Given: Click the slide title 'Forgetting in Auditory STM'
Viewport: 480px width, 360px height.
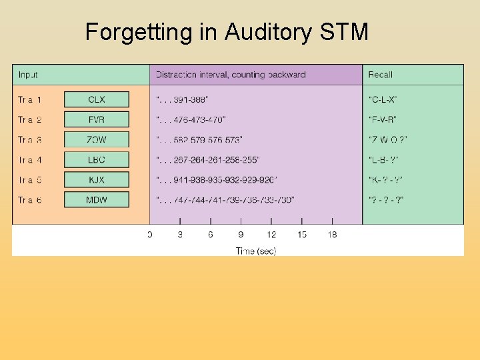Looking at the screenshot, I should coord(227,31).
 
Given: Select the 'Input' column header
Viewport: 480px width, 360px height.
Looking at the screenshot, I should coord(28,75).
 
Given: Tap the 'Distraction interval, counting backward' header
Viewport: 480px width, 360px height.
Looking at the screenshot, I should coord(231,75).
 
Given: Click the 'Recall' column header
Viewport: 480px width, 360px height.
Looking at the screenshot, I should coord(381,75).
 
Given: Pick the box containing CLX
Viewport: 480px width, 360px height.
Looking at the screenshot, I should coord(97,99).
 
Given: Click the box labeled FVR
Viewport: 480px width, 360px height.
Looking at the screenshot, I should coord(97,119).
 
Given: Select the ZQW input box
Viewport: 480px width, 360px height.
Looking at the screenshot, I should coord(97,139).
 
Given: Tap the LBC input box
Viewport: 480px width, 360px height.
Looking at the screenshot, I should coord(97,159).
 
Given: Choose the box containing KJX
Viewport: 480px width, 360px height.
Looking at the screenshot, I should coord(97,179).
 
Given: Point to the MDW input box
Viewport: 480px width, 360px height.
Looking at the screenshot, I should coord(97,199).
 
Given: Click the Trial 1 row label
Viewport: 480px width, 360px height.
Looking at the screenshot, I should coord(30,99).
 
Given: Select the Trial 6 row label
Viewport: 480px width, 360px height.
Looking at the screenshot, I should coord(30,199).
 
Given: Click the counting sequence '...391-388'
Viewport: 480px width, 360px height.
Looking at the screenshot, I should coord(182,99).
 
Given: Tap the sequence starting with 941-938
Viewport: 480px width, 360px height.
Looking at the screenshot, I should coord(217,179).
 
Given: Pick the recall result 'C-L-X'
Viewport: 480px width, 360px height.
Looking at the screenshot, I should coord(383,99).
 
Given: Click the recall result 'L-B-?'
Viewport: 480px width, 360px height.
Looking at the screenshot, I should coord(383,159).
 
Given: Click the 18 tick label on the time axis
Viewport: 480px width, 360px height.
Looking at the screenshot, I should coord(332,234).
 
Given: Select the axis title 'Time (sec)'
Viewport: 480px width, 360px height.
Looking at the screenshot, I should coord(256,251).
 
